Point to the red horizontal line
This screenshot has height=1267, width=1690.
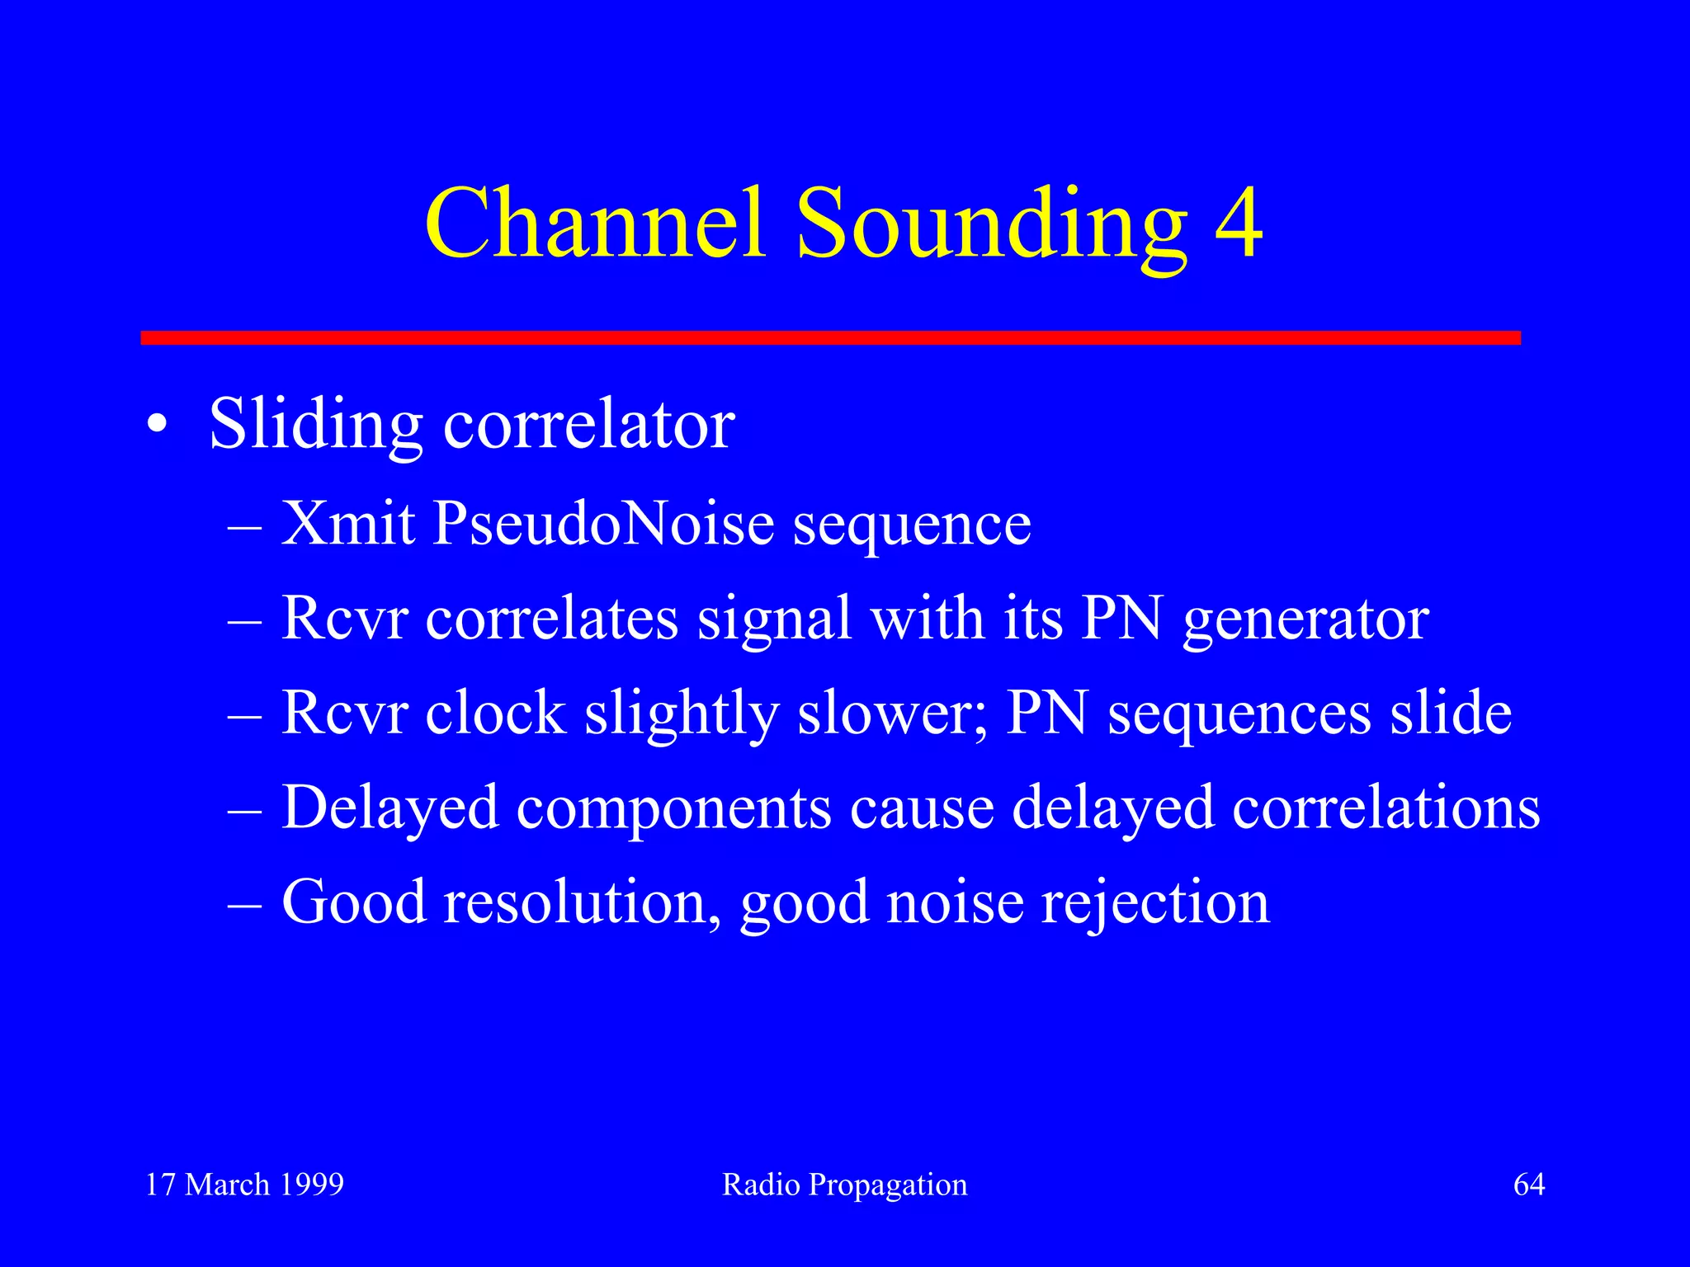coord(830,337)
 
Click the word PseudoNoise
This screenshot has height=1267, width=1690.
coord(603,524)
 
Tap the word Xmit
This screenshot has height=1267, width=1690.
coord(348,524)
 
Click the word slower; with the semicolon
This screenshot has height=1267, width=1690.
coord(892,714)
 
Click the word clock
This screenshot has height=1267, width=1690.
coord(495,714)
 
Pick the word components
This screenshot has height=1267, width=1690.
coord(673,808)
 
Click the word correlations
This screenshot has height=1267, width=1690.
coord(1386,808)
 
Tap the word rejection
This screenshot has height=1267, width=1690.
coord(1154,903)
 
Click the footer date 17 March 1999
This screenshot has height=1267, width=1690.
coord(245,1185)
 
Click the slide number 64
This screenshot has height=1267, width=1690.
coord(1528,1185)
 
